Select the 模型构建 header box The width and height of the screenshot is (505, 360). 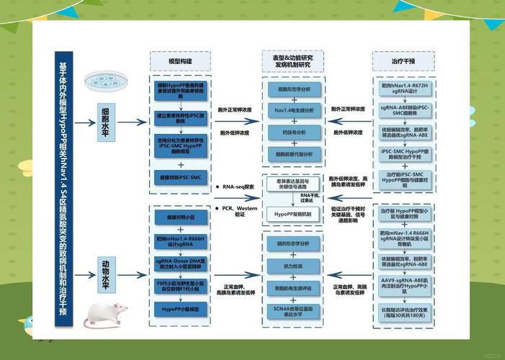pos(179,62)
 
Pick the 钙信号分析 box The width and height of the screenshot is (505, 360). pos(294,132)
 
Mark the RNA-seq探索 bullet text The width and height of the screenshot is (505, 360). pos(238,186)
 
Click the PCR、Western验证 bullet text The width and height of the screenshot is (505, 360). pos(238,211)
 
